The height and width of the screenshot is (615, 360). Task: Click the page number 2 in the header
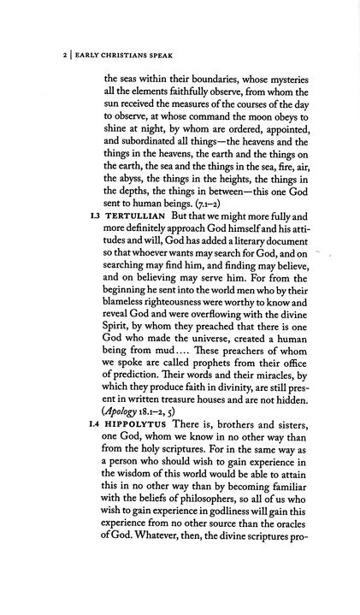click(31, 58)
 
